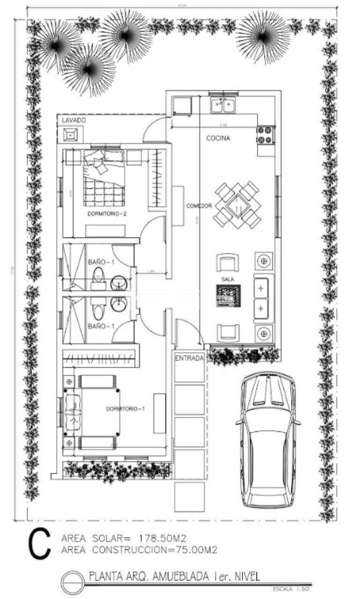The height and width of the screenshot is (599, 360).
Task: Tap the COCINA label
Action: pyautogui.click(x=218, y=138)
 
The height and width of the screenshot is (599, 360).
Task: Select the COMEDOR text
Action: pyautogui.click(x=199, y=206)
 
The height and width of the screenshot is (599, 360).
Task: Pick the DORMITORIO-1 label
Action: pyautogui.click(x=125, y=409)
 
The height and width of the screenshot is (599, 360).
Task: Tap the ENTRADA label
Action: pyautogui.click(x=189, y=358)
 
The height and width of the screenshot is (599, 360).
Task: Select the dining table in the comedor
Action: pyautogui.click(x=237, y=205)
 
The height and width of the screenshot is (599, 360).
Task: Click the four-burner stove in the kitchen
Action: pyautogui.click(x=264, y=135)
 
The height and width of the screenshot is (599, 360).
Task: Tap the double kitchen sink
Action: pyautogui.click(x=223, y=106)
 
